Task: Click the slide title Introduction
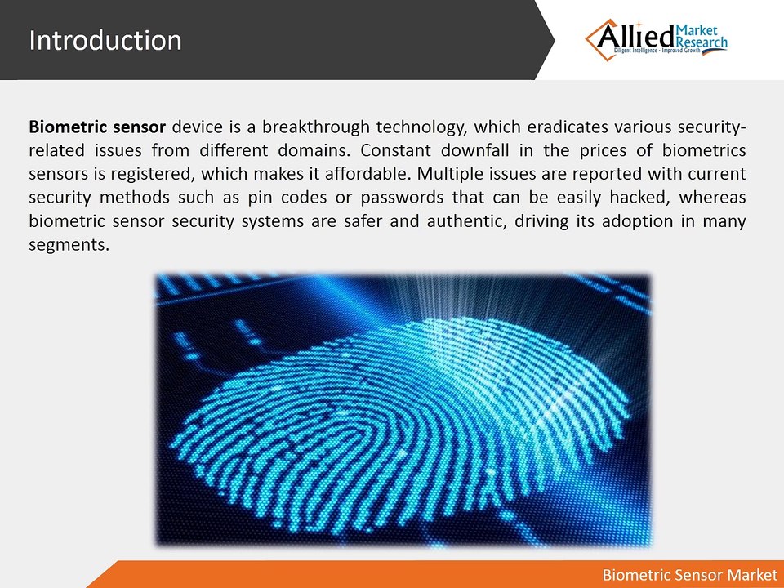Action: click(x=105, y=40)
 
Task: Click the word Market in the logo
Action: click(x=697, y=30)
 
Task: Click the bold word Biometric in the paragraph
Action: click(x=68, y=127)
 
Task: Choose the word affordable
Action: click(x=368, y=174)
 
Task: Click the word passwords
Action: click(x=402, y=198)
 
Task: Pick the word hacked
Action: click(x=640, y=198)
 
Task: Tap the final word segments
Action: click(x=69, y=244)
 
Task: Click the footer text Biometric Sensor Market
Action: click(x=689, y=575)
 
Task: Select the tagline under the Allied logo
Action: click(x=657, y=51)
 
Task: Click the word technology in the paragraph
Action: click(x=422, y=127)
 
